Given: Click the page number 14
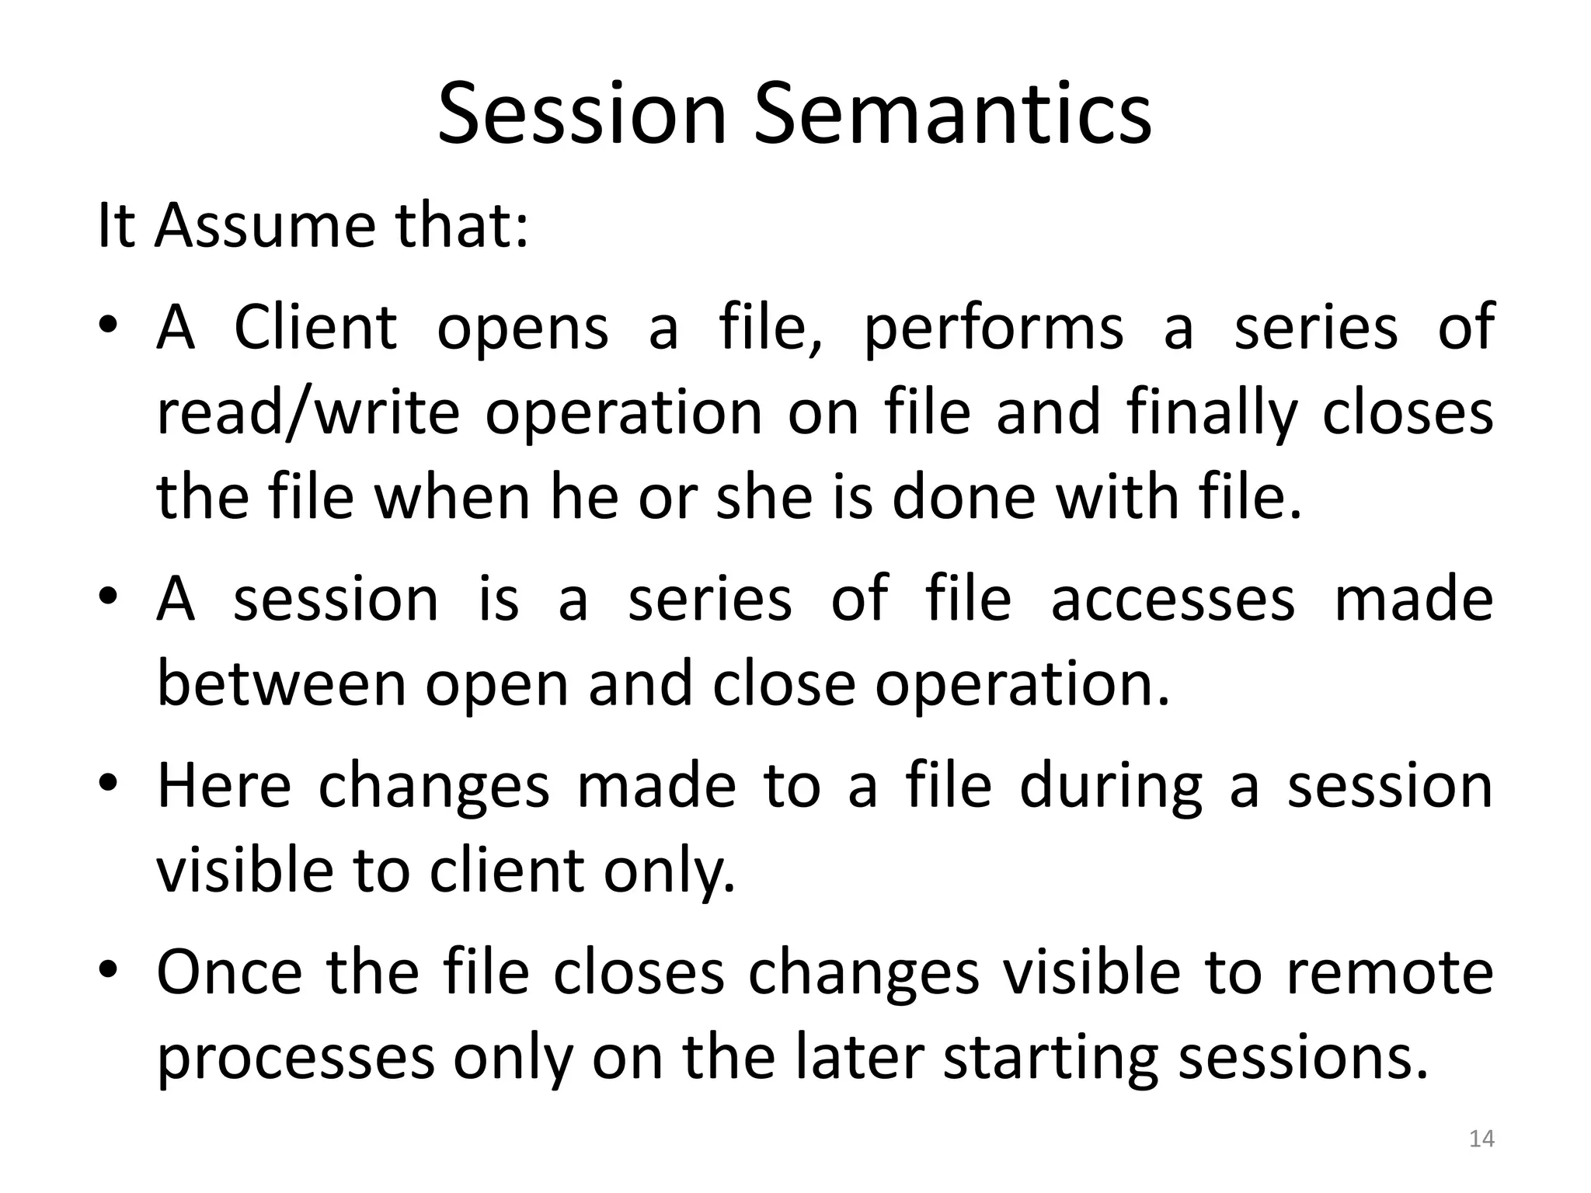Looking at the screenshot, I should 1482,1139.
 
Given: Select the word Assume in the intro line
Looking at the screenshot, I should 270,225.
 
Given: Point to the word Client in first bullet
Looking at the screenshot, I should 315,327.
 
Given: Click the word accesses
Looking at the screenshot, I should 1173,600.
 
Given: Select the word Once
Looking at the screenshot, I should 229,972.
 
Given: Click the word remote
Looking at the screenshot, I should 1391,972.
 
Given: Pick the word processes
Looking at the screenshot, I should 296,1059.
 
